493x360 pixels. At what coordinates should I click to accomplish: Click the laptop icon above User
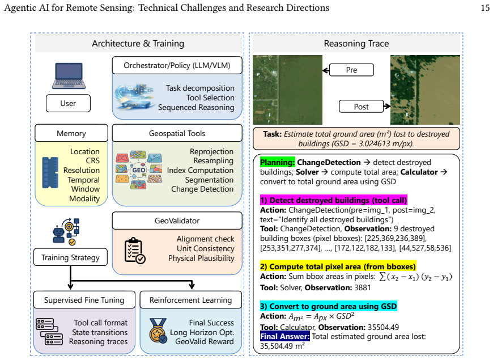(69, 76)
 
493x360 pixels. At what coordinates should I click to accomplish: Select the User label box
(68, 103)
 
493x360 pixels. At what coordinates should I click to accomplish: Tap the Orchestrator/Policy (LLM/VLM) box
(177, 65)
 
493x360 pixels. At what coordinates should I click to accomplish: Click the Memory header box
(71, 133)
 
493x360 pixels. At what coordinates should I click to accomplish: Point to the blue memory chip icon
(50, 172)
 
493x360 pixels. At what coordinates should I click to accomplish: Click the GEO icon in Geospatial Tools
(139, 170)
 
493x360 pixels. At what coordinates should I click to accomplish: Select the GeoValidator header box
(177, 221)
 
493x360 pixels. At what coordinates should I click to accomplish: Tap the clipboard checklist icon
(134, 251)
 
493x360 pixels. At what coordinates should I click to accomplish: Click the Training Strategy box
(70, 257)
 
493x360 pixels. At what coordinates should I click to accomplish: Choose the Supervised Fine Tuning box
(84, 300)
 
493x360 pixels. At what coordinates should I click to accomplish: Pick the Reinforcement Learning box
(190, 300)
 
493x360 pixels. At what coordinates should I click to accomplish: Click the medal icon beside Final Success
(158, 331)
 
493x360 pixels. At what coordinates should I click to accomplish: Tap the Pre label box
(351, 70)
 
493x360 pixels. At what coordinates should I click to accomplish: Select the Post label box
(362, 107)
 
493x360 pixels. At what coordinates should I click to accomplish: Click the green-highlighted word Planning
(277, 162)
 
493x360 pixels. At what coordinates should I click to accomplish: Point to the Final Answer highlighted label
(285, 336)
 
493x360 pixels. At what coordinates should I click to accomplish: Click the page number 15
(485, 7)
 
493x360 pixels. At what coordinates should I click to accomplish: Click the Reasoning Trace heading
(356, 44)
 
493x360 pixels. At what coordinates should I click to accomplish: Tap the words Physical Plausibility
(201, 258)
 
